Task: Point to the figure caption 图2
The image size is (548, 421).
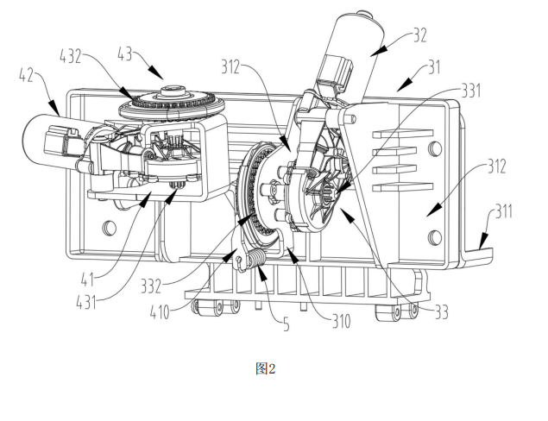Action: click(265, 368)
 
